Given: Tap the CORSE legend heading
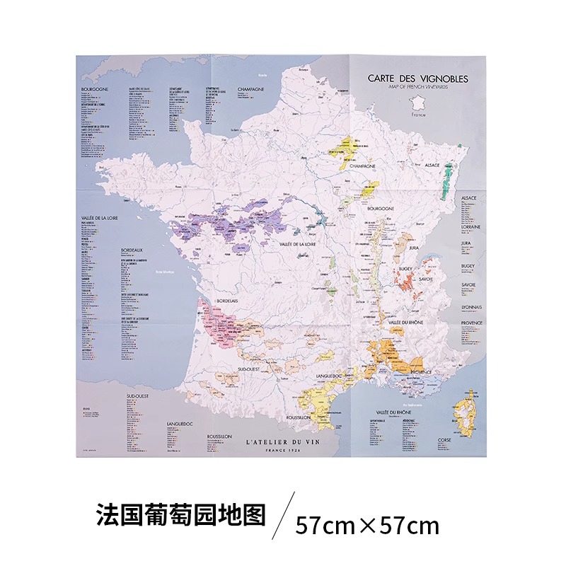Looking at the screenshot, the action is point(444,439).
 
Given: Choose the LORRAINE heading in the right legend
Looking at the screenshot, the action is point(470,227).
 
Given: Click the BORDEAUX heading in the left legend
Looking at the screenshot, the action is point(132,250).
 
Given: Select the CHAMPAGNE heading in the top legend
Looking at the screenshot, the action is point(250,89).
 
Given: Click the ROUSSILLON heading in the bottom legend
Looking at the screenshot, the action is point(219,437).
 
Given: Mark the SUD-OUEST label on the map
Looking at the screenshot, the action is point(250,369).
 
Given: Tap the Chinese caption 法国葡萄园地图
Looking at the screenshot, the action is point(180,515).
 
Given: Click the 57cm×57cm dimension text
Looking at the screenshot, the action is point(367,526).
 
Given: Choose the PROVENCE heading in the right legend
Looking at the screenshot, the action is point(472,323).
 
